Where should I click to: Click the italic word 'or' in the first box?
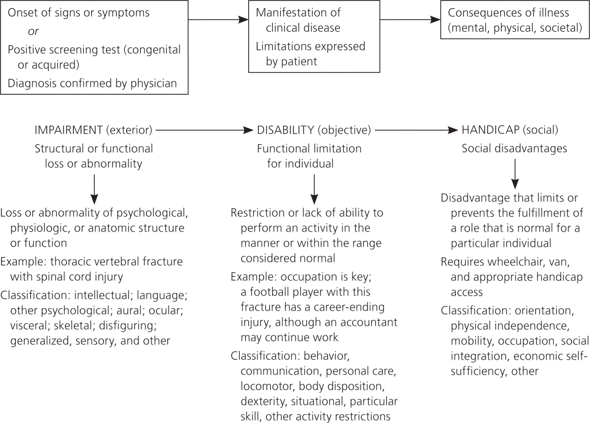pyautogui.click(x=33, y=31)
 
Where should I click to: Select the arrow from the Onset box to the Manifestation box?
pyautogui.click(x=218, y=19)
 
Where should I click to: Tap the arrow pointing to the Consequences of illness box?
pyautogui.click(x=410, y=19)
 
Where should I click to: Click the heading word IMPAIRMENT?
pyautogui.click(x=69, y=130)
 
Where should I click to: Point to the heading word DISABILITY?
pyautogui.click(x=285, y=130)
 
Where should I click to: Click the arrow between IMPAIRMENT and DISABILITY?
pyautogui.click(x=204, y=130)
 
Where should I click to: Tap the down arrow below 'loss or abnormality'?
pyautogui.click(x=94, y=189)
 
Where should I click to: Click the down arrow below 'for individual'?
pyautogui.click(x=314, y=189)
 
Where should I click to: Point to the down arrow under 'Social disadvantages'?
pyautogui.click(x=515, y=174)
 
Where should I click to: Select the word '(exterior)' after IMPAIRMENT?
pyautogui.click(x=129, y=130)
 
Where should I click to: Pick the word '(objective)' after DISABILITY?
pyautogui.click(x=344, y=130)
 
